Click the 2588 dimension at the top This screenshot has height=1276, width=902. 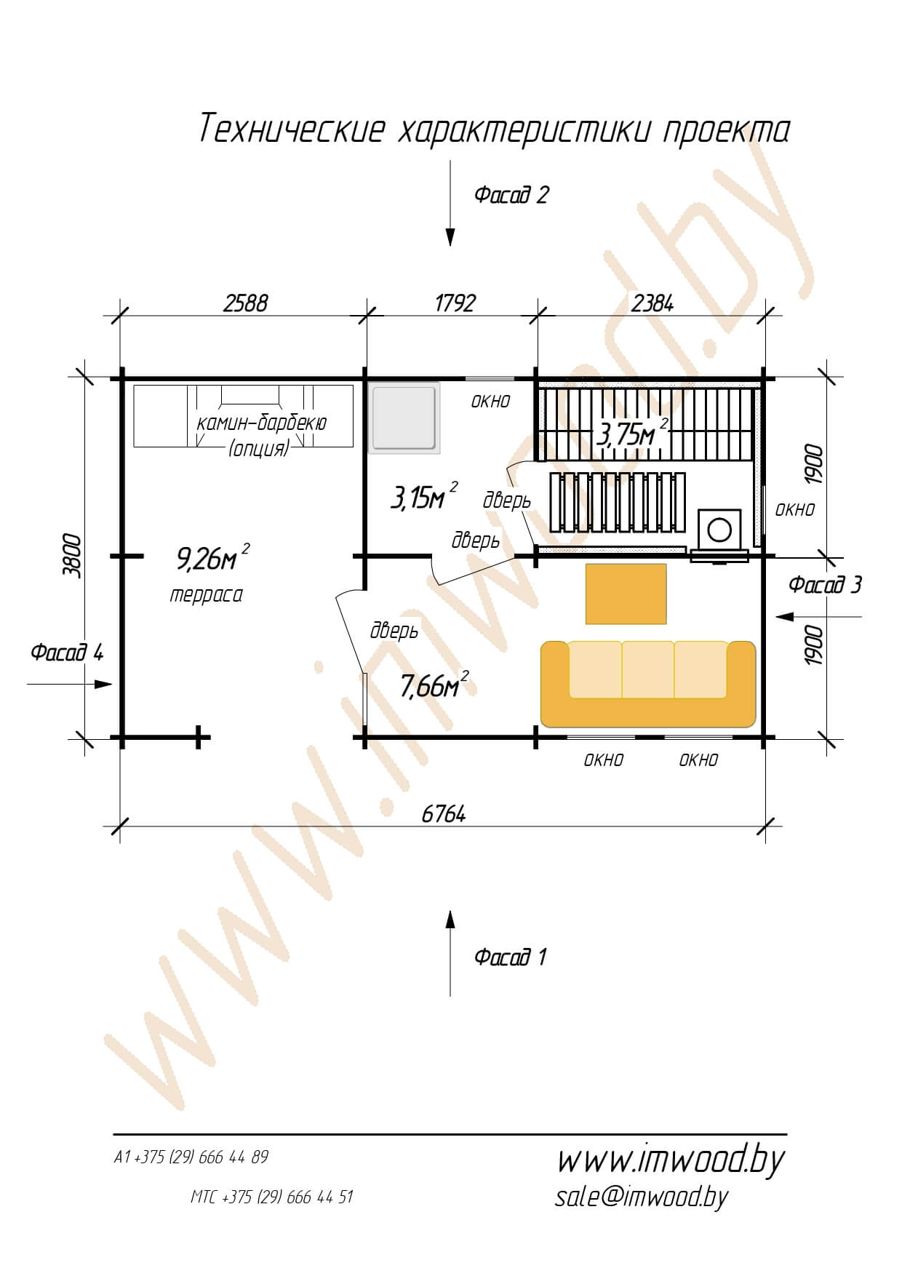[x=245, y=303]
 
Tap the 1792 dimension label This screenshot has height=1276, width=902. [x=455, y=303]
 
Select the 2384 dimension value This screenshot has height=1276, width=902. [x=652, y=303]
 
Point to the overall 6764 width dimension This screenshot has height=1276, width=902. [x=444, y=814]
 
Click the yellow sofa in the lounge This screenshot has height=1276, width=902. [x=648, y=684]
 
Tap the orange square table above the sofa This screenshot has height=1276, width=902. [x=626, y=594]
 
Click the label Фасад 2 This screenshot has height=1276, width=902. [x=511, y=195]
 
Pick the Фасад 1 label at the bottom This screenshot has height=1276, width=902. [x=510, y=956]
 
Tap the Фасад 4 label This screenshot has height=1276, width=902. [x=67, y=652]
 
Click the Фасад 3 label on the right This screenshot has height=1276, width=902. [x=825, y=584]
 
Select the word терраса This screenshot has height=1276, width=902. [x=206, y=595]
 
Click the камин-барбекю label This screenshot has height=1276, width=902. [x=261, y=423]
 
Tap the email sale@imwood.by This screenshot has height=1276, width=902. [x=641, y=1197]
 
